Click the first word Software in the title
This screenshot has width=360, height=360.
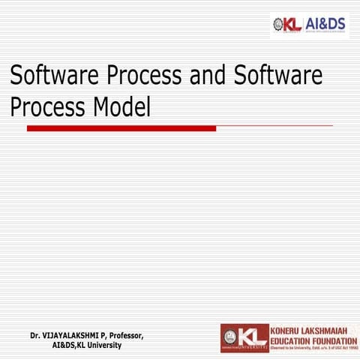[x=55, y=76]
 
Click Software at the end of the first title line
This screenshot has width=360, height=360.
[x=278, y=76]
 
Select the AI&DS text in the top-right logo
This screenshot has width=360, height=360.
[x=325, y=24]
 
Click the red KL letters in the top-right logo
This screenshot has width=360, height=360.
[x=293, y=24]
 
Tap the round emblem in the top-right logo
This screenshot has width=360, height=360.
[x=278, y=24]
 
